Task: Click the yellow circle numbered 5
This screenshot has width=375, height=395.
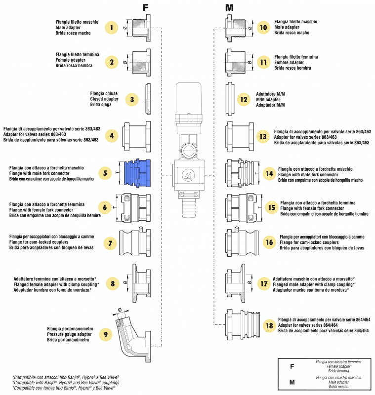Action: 105,173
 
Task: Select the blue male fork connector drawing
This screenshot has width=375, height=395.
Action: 136,173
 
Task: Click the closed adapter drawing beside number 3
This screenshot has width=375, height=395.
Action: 148,99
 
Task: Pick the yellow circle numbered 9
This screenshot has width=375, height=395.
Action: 105,334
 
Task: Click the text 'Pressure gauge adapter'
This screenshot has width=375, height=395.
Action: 69,334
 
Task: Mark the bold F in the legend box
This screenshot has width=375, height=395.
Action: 292,367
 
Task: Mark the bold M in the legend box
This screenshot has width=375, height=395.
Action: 292,382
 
